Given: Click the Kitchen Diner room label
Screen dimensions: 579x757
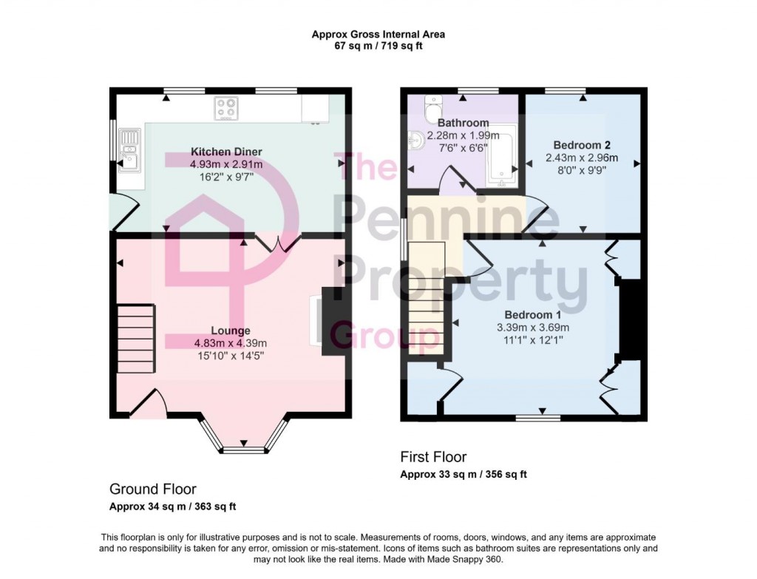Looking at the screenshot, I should (226, 152).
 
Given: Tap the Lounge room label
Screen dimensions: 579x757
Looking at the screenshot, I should (230, 331).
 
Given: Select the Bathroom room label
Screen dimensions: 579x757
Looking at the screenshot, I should (463, 123).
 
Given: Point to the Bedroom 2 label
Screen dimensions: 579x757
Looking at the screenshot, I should (582, 146).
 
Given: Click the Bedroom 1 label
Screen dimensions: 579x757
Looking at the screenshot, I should (532, 314).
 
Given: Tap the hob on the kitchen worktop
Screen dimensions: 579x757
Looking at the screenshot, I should (226, 109).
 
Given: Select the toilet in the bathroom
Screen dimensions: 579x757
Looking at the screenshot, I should (432, 109).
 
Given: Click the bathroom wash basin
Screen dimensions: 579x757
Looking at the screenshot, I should (415, 138).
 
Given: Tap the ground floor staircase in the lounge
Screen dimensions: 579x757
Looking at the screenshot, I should (137, 340).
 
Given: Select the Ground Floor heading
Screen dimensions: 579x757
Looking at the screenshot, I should (153, 489).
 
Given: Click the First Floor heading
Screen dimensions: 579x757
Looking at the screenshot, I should (433, 457).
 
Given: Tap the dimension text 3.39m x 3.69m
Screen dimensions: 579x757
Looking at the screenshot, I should (532, 327).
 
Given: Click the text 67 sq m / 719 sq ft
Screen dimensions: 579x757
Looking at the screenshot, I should (378, 46).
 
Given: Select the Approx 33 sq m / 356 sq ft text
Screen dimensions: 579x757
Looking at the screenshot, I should (463, 474).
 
